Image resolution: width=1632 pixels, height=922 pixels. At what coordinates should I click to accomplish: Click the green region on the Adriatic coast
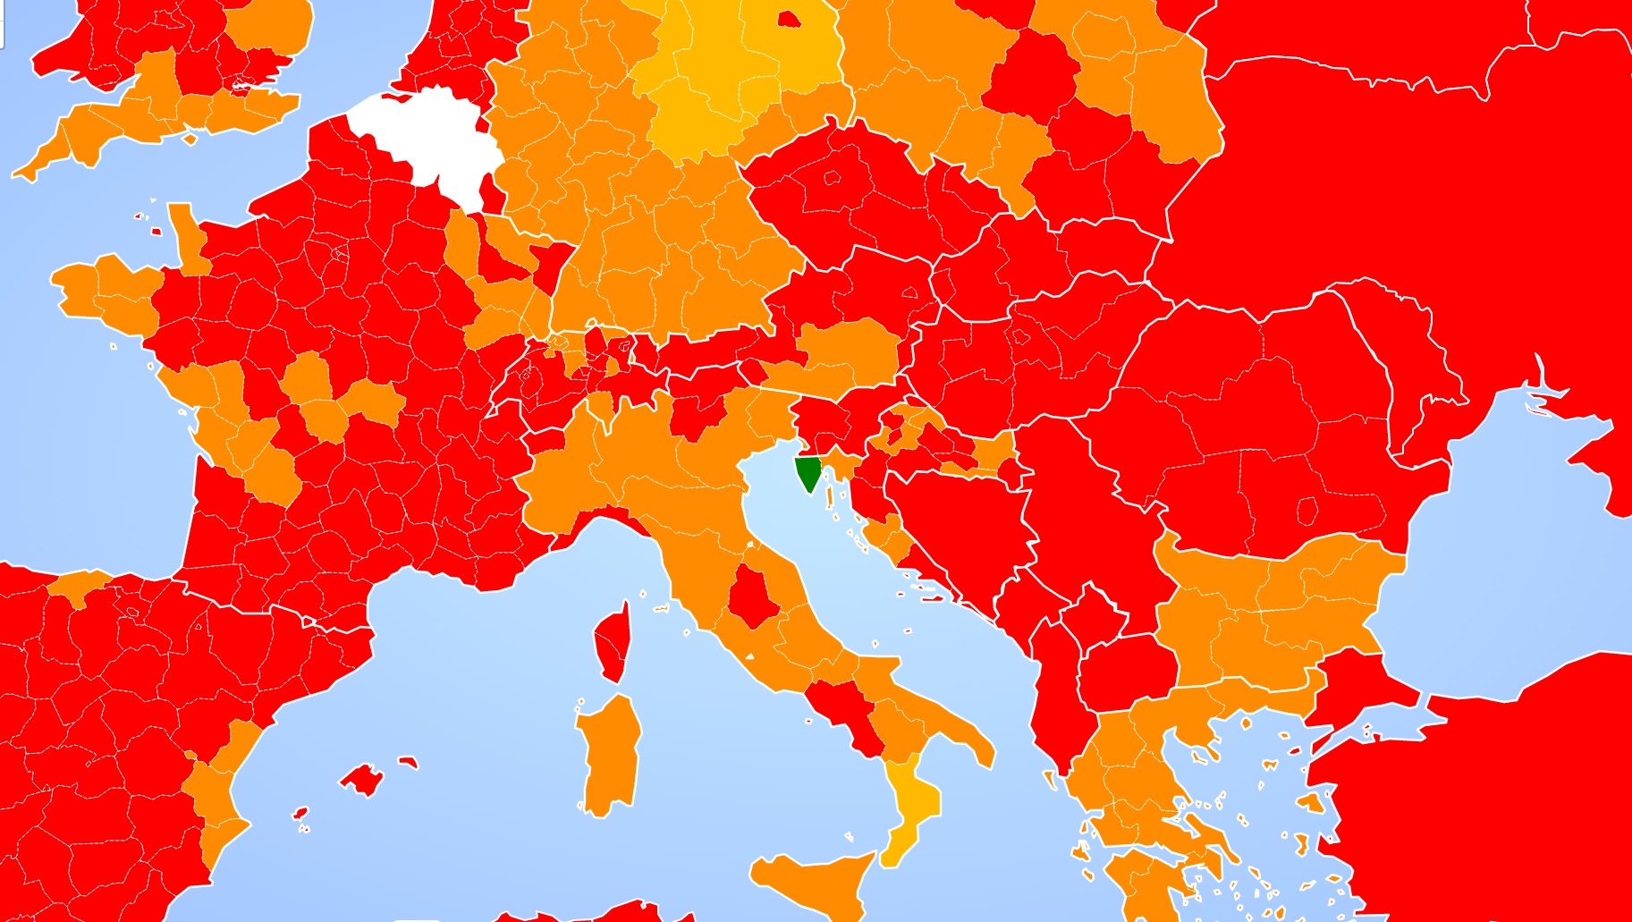(x=808, y=471)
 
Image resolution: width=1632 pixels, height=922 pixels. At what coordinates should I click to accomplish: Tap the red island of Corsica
(x=613, y=642)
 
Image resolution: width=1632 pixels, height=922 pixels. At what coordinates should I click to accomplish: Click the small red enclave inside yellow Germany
(x=789, y=19)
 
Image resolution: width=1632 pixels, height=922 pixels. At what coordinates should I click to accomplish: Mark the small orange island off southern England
(x=189, y=139)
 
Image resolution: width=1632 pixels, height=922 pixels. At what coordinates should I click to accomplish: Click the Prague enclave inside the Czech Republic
(x=832, y=178)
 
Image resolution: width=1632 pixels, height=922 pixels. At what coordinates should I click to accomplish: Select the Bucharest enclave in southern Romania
(x=1306, y=512)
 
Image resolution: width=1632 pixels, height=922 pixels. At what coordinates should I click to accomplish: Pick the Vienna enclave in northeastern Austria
(x=909, y=292)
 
